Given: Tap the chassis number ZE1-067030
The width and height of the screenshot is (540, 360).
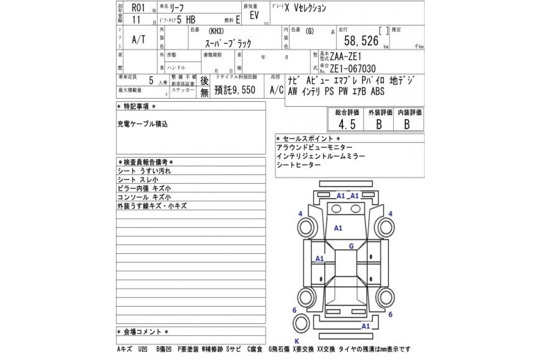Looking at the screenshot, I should click(x=353, y=69).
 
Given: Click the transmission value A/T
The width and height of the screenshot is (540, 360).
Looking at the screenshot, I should click(x=138, y=40).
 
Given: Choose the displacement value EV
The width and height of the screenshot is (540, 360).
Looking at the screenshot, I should click(x=254, y=15).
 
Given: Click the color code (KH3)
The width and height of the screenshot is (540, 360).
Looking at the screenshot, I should click(x=218, y=30).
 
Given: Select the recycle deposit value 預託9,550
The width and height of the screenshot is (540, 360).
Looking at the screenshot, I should click(x=235, y=90).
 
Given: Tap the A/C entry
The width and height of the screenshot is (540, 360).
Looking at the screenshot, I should click(x=277, y=90).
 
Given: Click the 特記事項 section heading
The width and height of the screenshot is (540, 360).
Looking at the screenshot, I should click(x=137, y=107).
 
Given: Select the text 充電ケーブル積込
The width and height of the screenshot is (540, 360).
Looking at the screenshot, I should click(x=143, y=124).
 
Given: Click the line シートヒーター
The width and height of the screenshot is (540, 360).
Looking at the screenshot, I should click(x=298, y=165).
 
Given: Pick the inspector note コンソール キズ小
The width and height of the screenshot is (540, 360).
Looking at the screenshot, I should click(x=144, y=197).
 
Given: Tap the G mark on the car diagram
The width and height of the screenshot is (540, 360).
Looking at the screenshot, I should click(x=350, y=246).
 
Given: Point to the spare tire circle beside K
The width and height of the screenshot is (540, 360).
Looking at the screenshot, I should click(x=302, y=324).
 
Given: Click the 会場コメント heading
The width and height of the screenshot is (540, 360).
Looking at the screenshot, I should click(x=143, y=332).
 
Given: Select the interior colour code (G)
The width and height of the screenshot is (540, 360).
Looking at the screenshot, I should click(x=310, y=30).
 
